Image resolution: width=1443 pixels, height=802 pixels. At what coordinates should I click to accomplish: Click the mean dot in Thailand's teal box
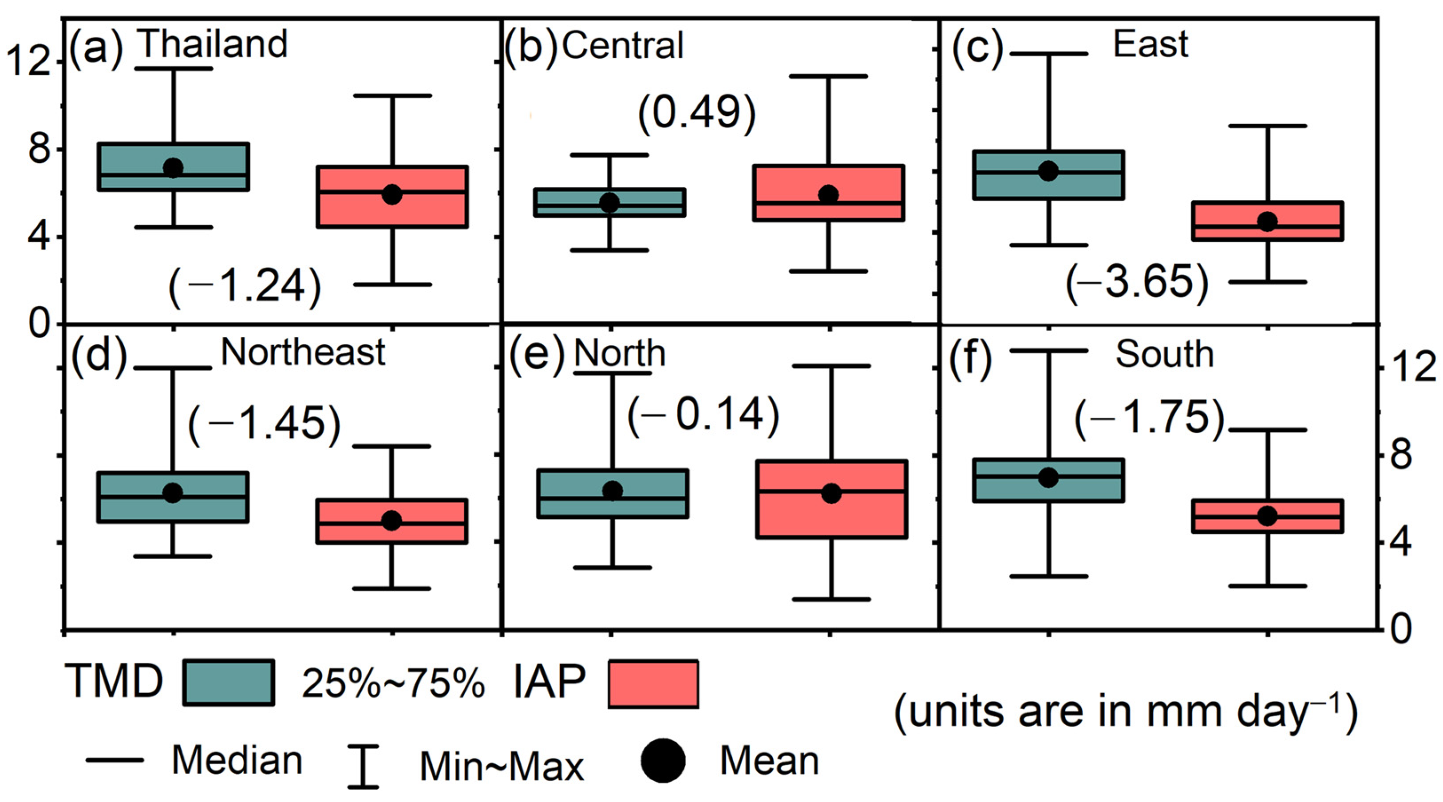click(x=173, y=167)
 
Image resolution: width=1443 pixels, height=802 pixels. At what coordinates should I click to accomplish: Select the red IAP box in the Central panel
click(x=829, y=193)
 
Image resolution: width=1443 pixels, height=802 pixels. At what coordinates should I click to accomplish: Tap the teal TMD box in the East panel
click(x=1048, y=175)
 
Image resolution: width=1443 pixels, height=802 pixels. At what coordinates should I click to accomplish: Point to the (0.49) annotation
click(x=697, y=113)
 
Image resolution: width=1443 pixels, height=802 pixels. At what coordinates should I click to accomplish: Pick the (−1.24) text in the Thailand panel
click(x=245, y=287)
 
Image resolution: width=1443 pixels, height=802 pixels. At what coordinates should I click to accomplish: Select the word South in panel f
click(x=1165, y=355)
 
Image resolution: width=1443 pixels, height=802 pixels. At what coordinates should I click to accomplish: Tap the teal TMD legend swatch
click(x=229, y=682)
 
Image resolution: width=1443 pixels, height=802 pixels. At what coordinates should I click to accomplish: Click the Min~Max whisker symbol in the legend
click(x=363, y=766)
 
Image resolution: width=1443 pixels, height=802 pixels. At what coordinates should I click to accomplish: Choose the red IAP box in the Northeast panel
click(x=392, y=521)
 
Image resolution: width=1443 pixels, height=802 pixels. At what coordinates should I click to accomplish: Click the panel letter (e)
click(x=536, y=355)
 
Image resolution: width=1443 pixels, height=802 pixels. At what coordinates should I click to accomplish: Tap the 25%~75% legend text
click(x=393, y=684)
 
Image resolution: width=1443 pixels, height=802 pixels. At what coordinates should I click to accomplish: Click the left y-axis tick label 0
click(x=40, y=323)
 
